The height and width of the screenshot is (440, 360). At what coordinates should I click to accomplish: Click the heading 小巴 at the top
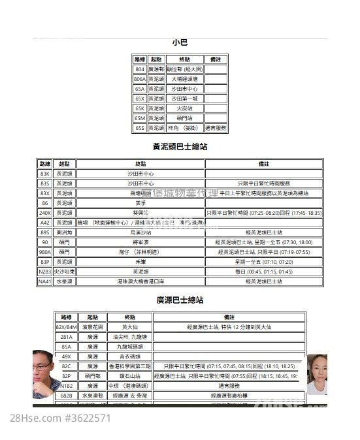click(x=180, y=42)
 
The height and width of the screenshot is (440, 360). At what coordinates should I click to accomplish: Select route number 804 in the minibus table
click(x=140, y=69)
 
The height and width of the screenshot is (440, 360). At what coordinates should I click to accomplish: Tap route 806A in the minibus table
click(x=140, y=78)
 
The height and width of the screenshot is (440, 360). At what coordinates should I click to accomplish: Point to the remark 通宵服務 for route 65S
click(x=216, y=128)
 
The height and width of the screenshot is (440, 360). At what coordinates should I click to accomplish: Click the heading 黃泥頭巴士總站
click(x=180, y=147)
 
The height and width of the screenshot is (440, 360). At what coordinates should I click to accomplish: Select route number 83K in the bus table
click(x=44, y=174)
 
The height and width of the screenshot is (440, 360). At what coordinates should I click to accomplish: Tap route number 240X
click(x=44, y=213)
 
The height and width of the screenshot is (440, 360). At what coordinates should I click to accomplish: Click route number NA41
click(x=44, y=281)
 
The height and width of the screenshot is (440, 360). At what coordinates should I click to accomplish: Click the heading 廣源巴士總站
click(x=180, y=300)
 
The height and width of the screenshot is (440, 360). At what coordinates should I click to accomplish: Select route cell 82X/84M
click(x=66, y=327)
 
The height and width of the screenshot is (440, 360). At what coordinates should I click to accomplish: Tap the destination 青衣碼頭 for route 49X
click(x=125, y=356)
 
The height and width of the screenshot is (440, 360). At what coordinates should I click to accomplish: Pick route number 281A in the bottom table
click(x=66, y=337)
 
